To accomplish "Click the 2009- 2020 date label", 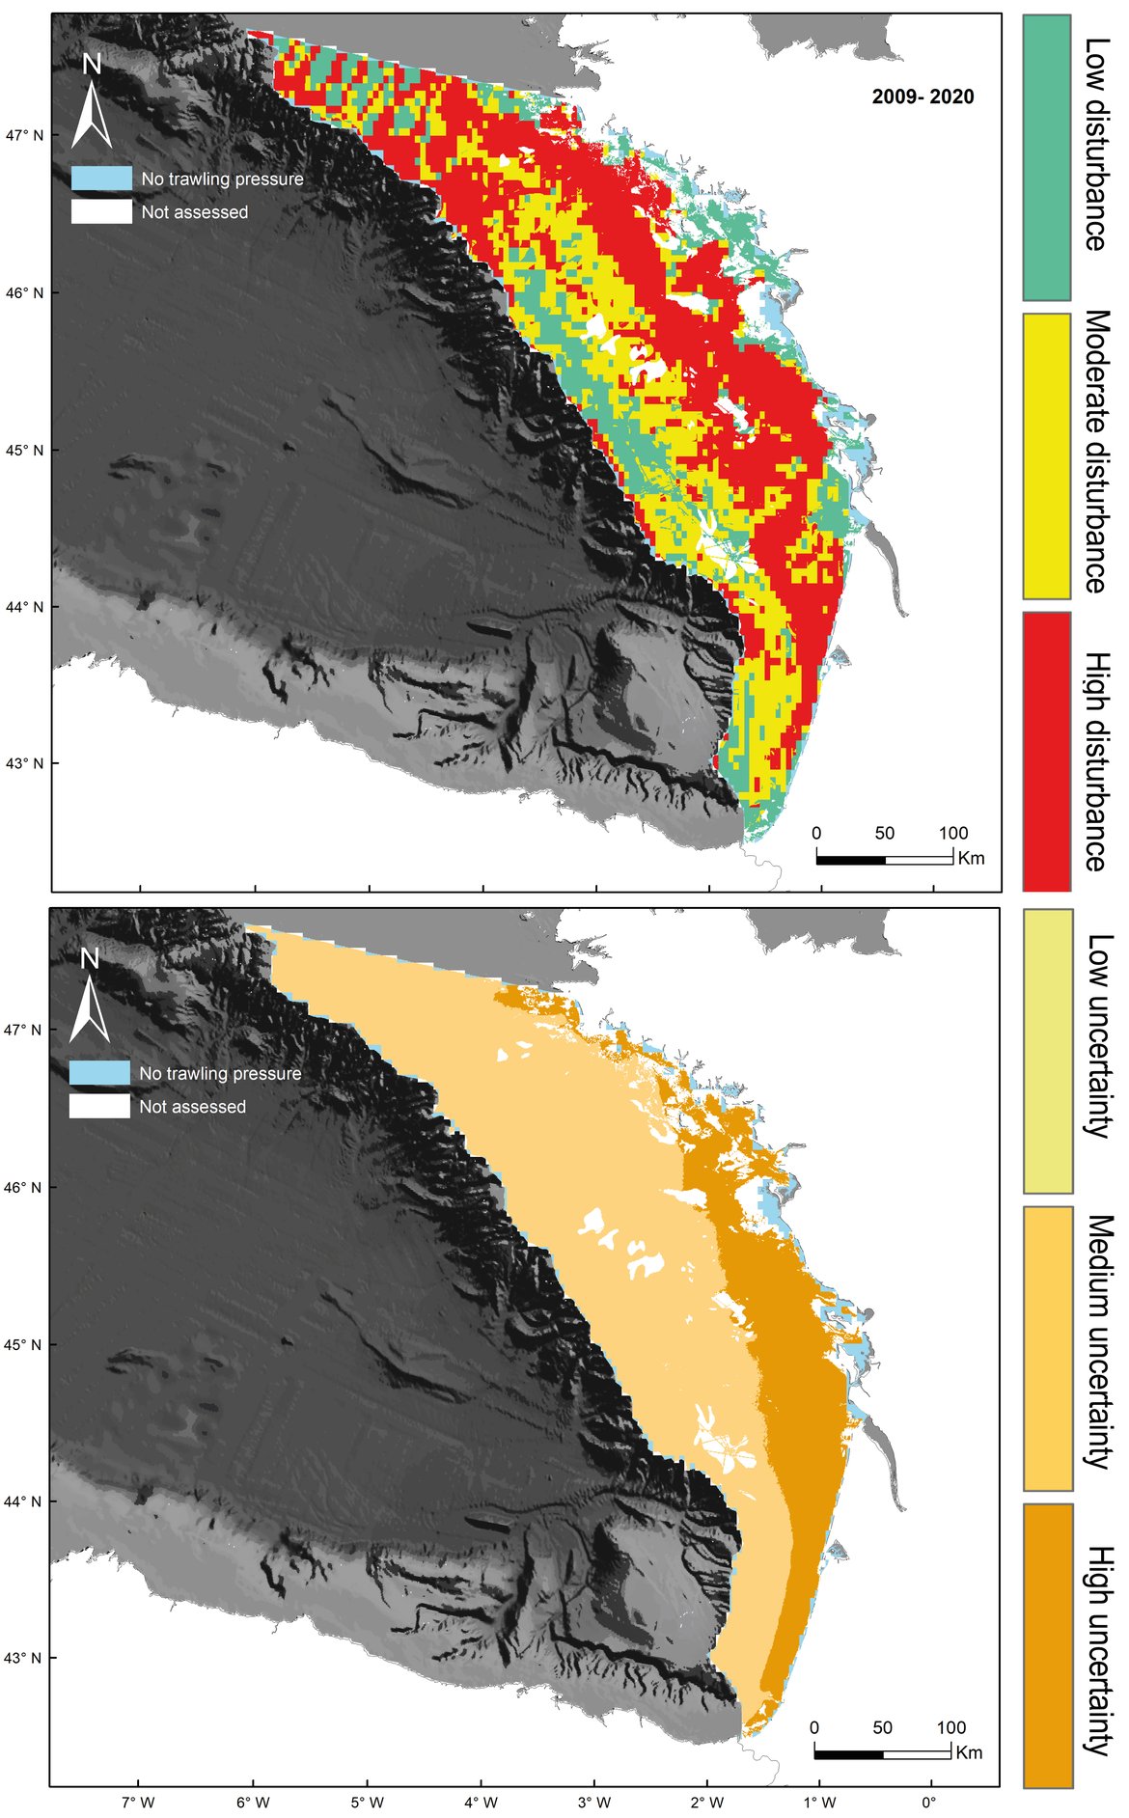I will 922,96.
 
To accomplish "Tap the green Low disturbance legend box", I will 1046,157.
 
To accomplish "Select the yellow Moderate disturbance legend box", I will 1046,455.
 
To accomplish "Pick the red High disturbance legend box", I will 1046,751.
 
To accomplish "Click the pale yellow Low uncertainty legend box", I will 1047,1051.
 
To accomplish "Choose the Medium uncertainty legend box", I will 1047,1348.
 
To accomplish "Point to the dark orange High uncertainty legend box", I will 1047,1645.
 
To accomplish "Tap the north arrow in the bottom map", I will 91,998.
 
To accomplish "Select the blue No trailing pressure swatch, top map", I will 101,179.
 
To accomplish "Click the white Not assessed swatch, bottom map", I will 99,1106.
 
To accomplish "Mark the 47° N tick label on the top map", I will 25,135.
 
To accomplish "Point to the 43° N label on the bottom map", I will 24,1658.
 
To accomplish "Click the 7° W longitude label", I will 139,1802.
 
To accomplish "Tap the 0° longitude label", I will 929,1802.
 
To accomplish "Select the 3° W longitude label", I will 594,1802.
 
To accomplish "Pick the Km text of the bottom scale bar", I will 969,1752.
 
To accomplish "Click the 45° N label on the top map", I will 25,450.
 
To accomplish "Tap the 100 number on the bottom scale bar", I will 950,1727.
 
